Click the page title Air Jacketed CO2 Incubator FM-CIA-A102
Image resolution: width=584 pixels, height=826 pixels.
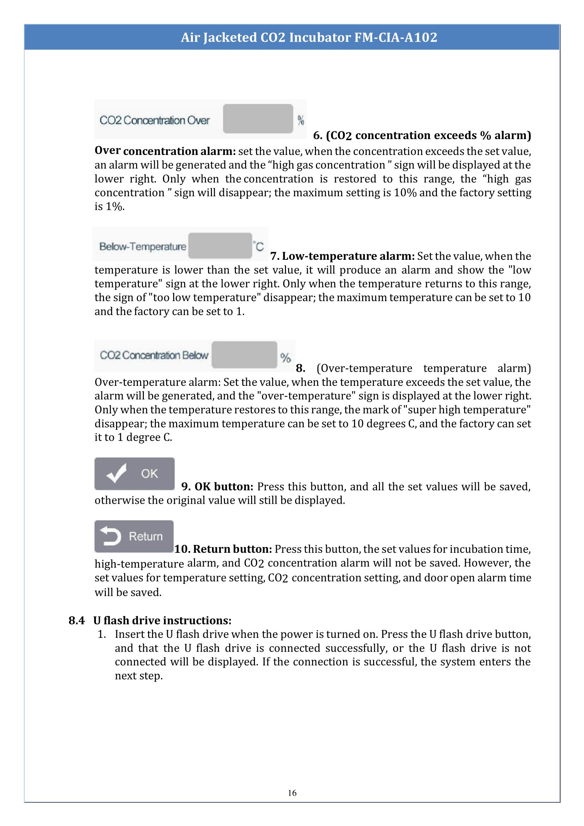pyautogui.click(x=309, y=37)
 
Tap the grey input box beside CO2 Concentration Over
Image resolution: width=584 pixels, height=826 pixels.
pyautogui.click(x=258, y=119)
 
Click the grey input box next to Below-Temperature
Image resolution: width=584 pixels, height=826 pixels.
pyautogui.click(x=220, y=246)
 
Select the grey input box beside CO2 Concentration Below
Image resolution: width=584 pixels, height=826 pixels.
pyautogui.click(x=244, y=355)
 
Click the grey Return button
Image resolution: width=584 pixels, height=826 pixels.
pyautogui.click(x=134, y=536)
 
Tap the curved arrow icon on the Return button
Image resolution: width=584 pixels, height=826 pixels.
pyautogui.click(x=111, y=536)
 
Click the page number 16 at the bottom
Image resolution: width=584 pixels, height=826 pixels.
pyautogui.click(x=292, y=792)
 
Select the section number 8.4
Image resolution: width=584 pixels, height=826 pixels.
pyautogui.click(x=77, y=620)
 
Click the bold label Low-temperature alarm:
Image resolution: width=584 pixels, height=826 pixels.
pyautogui.click(x=348, y=256)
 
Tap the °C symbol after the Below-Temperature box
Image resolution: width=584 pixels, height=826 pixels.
pyautogui.click(x=258, y=246)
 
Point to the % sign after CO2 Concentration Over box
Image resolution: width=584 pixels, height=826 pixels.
pyautogui.click(x=300, y=120)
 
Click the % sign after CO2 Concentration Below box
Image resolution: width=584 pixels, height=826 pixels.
pyautogui.click(x=286, y=357)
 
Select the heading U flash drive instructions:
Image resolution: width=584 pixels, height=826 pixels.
pyautogui.click(x=162, y=620)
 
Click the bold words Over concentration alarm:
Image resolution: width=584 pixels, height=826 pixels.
pyautogui.click(x=165, y=151)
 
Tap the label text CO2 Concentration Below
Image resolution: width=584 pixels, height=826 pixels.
pyautogui.click(x=154, y=355)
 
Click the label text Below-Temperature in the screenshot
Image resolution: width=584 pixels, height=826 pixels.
pyautogui.click(x=143, y=246)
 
